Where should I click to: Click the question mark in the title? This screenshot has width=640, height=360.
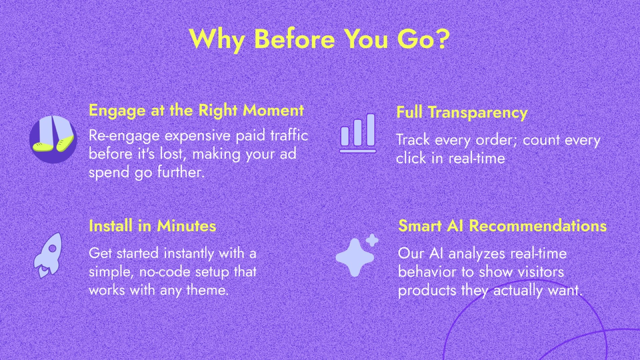tap(441, 39)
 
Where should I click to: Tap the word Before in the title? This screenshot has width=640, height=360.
tap(295, 39)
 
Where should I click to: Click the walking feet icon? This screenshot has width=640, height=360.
tap(53, 139)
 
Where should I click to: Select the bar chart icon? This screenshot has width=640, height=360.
tap(358, 133)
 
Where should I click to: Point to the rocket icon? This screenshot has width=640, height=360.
tap(48, 255)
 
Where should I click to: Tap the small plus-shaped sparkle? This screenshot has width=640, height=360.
tap(372, 240)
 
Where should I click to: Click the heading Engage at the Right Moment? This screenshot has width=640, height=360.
tap(196, 111)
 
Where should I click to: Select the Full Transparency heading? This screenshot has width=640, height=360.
tap(462, 112)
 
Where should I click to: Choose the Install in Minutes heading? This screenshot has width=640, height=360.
tap(152, 226)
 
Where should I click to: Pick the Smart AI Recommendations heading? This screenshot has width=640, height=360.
tap(502, 226)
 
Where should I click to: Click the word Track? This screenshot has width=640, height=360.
tap(413, 140)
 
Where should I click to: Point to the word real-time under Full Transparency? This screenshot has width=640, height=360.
tap(477, 158)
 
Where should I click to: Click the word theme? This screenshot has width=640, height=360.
tap(207, 290)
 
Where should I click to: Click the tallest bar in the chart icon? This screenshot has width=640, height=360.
tap(371, 130)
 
